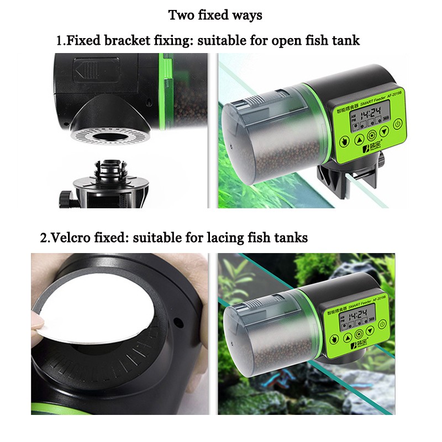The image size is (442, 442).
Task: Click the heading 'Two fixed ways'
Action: (215, 15)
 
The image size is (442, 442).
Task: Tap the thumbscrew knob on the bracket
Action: (67, 196)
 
